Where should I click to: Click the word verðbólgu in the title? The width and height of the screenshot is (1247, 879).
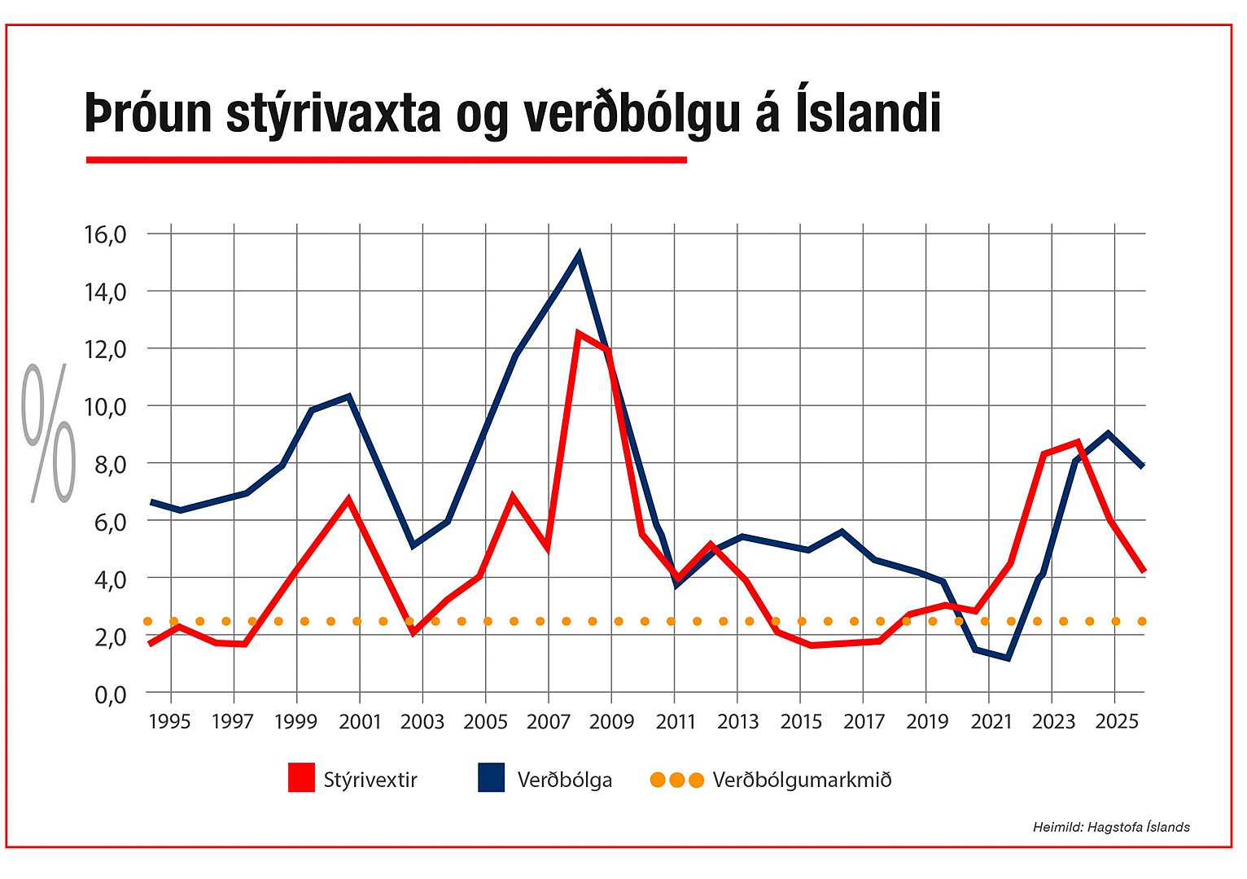click(x=631, y=114)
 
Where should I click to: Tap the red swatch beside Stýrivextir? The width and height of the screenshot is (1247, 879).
click(x=301, y=778)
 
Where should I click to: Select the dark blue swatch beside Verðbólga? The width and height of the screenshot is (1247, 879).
click(x=491, y=778)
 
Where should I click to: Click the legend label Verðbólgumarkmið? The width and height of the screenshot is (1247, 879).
click(x=802, y=780)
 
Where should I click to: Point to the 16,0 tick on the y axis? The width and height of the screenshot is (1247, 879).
click(x=106, y=234)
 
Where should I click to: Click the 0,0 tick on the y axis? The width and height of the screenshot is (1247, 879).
click(x=111, y=694)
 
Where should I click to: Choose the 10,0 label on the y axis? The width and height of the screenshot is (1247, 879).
click(x=106, y=406)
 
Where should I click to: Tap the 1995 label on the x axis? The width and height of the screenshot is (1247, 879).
click(x=169, y=722)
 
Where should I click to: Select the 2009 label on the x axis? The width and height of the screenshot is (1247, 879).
click(x=611, y=722)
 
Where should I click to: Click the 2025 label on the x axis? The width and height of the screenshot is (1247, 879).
click(x=1117, y=722)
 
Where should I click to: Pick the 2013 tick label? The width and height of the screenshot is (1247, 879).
click(x=737, y=722)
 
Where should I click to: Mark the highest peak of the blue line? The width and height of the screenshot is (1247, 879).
click(x=579, y=255)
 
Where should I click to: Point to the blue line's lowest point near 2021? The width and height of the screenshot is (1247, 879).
click(x=1009, y=658)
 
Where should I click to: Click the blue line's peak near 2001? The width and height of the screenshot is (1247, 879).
click(x=348, y=396)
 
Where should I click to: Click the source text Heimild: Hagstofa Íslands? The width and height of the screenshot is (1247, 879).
click(x=1111, y=827)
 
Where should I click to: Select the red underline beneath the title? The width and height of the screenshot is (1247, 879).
click(x=386, y=160)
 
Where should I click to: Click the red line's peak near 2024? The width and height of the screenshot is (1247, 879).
click(x=1078, y=442)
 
